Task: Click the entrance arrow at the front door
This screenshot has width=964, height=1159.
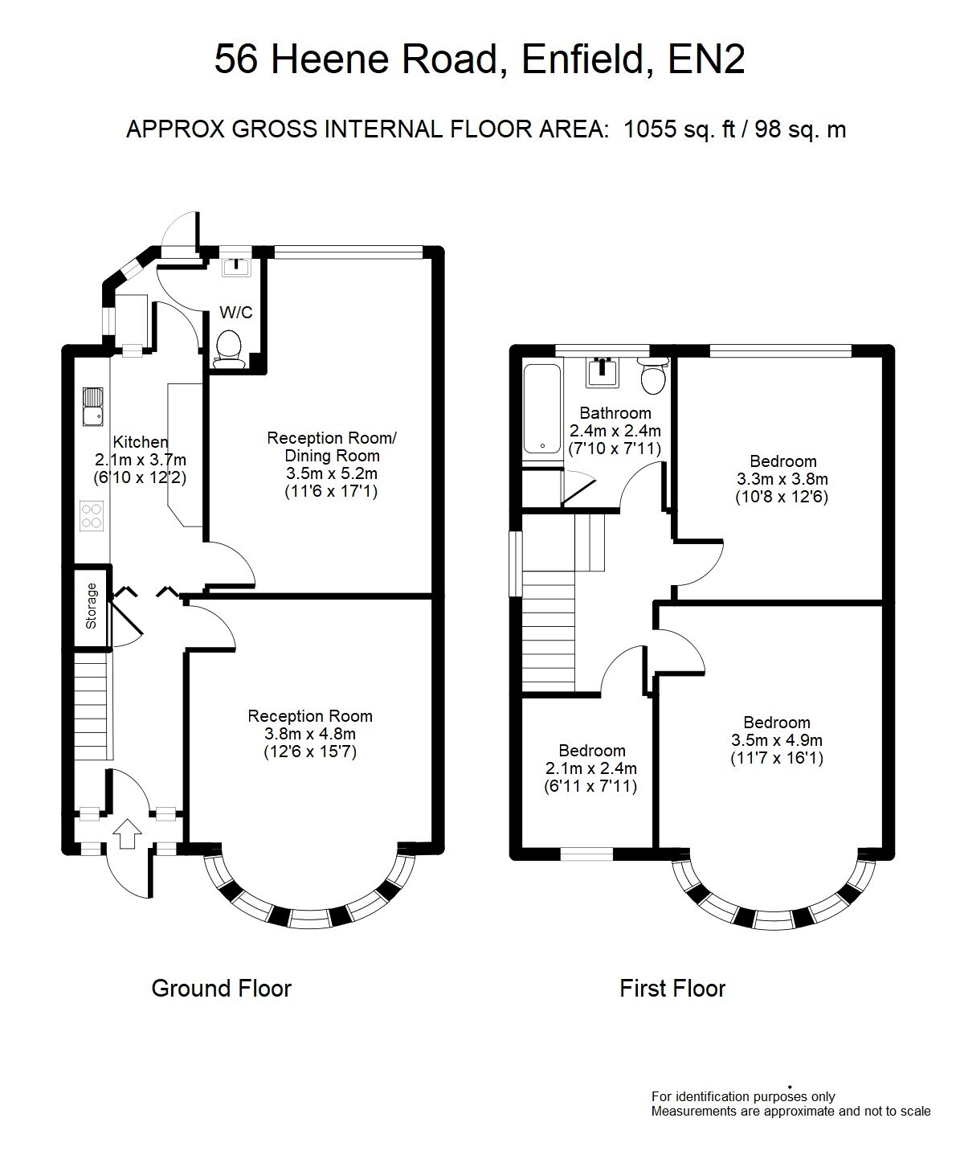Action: (127, 833)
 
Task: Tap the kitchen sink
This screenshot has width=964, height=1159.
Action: (92, 407)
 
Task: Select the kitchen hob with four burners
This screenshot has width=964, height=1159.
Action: (92, 516)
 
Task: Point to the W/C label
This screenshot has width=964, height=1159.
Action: (236, 313)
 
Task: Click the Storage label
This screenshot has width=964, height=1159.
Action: (91, 605)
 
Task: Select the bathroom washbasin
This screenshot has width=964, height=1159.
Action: (602, 371)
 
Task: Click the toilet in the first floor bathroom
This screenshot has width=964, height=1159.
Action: (652, 376)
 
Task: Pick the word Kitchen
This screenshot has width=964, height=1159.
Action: (141, 442)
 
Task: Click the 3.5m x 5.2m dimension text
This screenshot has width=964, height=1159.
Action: (332, 473)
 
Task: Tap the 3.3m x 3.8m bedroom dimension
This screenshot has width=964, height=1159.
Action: (782, 478)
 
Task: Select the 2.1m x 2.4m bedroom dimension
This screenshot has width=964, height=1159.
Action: (591, 768)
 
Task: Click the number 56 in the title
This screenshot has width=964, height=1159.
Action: (236, 59)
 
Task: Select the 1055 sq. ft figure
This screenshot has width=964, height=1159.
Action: (680, 129)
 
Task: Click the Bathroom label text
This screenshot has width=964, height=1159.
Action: (615, 413)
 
